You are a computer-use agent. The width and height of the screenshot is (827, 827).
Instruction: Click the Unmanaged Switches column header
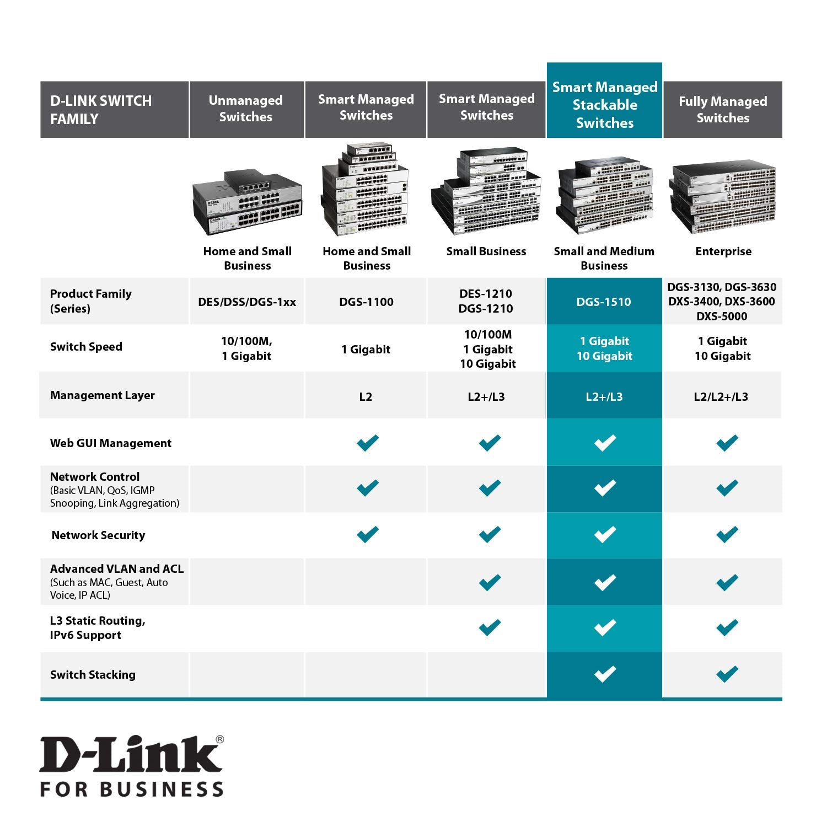(x=246, y=109)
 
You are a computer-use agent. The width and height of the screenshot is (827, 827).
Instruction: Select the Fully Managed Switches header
(x=723, y=109)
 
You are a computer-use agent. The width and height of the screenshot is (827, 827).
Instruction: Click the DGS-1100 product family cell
(x=366, y=302)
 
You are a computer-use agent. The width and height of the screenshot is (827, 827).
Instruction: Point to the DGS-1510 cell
(x=604, y=302)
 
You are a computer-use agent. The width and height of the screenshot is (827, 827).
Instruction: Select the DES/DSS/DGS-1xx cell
(x=247, y=302)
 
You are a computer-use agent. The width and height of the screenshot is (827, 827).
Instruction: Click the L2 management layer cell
(x=366, y=396)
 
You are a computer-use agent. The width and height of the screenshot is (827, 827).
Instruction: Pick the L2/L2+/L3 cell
(x=721, y=396)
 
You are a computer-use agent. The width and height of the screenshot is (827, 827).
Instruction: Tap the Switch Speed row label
(x=86, y=347)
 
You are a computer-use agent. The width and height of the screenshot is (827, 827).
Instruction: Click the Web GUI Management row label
(x=111, y=443)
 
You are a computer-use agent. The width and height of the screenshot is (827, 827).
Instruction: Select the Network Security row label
(x=98, y=535)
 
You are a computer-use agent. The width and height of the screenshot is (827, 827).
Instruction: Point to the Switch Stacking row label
(x=93, y=675)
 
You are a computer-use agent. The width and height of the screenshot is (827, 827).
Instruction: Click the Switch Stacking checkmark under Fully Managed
(x=727, y=674)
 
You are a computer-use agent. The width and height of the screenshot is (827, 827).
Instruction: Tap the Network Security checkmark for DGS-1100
(x=368, y=534)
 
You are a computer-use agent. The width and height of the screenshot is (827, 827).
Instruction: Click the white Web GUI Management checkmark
(x=605, y=443)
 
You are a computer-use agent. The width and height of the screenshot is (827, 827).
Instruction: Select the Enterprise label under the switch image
(x=723, y=251)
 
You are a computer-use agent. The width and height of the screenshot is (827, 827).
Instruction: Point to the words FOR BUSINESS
(x=132, y=788)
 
